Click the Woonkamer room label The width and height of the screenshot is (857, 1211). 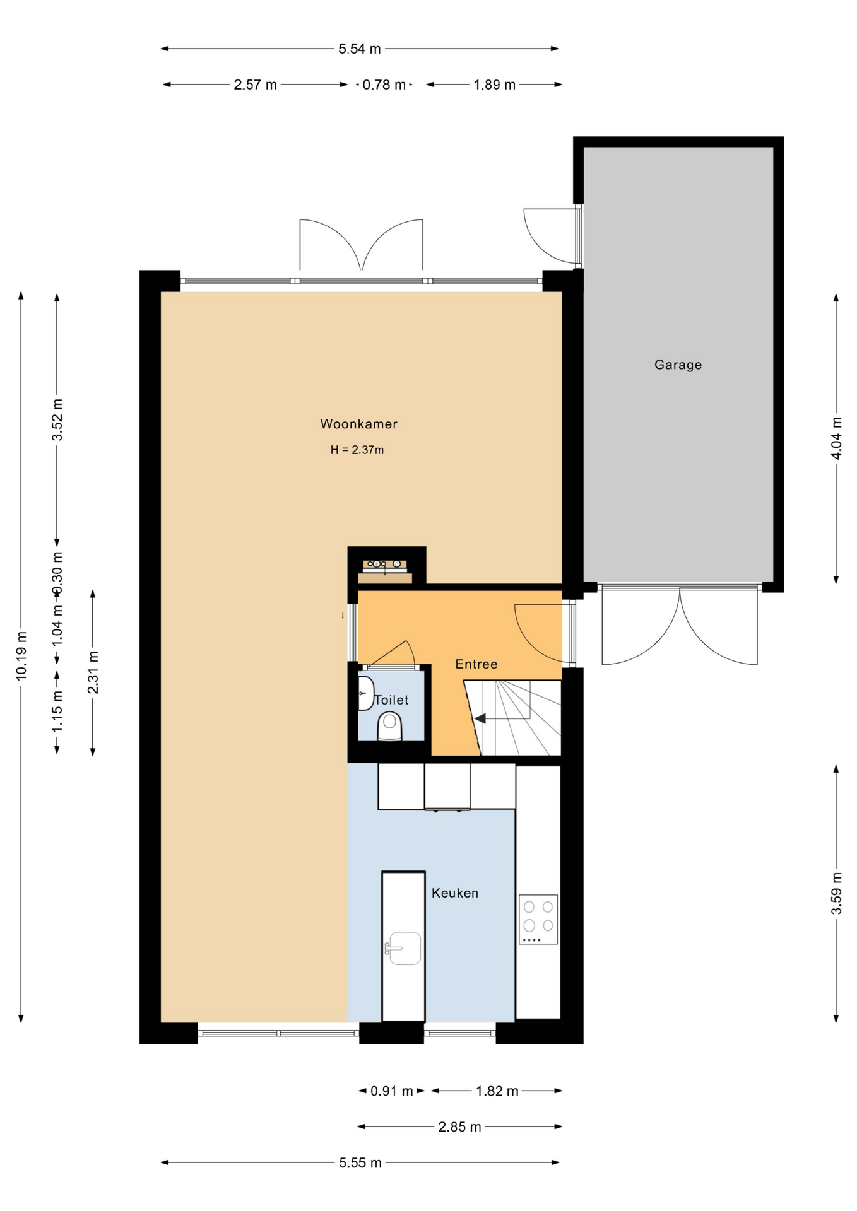[358, 424]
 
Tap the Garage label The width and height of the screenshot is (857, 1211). [678, 365]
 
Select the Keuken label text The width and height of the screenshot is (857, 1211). [454, 893]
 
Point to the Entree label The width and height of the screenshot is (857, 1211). [476, 664]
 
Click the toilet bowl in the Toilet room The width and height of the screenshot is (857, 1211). [390, 727]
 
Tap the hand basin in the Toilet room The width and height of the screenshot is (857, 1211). [365, 693]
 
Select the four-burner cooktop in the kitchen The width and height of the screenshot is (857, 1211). [538, 920]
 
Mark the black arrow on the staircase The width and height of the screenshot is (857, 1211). [480, 718]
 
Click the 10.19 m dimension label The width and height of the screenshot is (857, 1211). [21, 656]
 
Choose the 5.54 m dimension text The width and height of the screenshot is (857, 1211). [360, 49]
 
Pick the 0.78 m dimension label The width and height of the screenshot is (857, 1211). [384, 85]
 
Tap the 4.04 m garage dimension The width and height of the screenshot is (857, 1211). [836, 438]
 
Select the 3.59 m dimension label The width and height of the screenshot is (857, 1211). [836, 893]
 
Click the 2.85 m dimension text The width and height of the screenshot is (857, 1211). [459, 1126]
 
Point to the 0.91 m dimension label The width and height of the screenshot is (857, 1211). [391, 1091]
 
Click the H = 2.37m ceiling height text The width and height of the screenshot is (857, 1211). [357, 450]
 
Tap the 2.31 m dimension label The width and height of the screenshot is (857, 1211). [93, 672]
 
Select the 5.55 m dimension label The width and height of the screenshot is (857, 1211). [360, 1162]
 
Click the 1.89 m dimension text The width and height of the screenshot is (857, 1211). [495, 85]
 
